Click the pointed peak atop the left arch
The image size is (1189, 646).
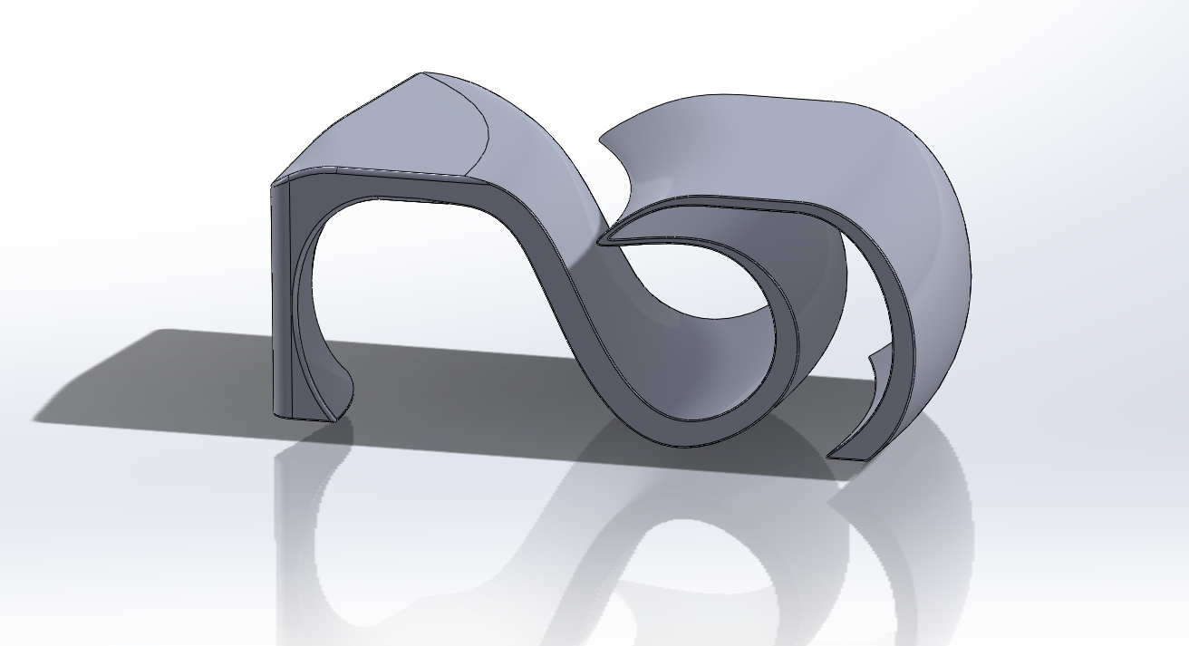pos(420,74)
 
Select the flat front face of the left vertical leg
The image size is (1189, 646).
pos(282,299)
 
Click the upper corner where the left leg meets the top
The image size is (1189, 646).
pos(275,185)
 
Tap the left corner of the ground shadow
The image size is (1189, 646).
pos(41,419)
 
